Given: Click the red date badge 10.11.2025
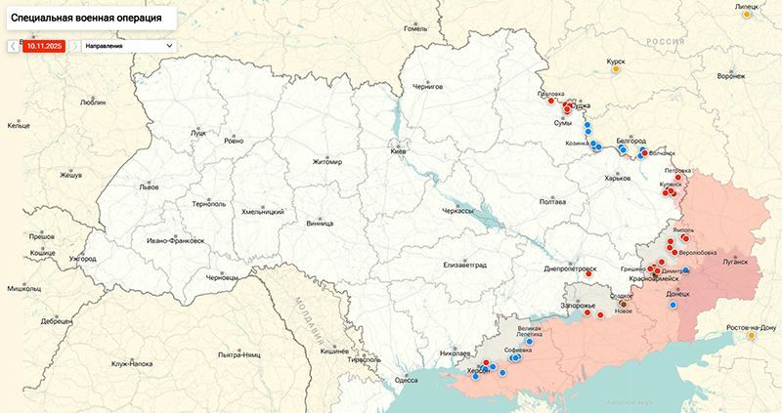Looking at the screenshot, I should [44, 46].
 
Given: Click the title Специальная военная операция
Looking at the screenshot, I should [88, 19].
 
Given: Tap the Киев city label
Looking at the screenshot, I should [398, 152].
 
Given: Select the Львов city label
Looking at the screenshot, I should [148, 186].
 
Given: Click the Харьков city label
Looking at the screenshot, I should [618, 178].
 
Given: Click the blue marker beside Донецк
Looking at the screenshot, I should [673, 305].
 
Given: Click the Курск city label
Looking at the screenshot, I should [615, 61].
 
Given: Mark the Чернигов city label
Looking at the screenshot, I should [428, 86].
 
